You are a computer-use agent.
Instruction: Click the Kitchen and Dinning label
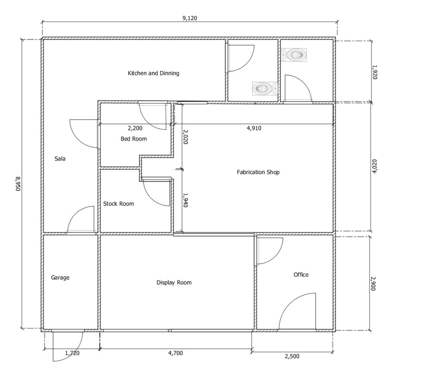coord(153,73)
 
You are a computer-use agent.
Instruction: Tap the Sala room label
coord(60,159)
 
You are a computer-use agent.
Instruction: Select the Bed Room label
coord(134,139)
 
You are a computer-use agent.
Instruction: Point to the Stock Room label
coord(119,204)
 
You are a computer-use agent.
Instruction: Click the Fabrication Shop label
coord(258,172)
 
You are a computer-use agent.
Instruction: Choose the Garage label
coord(60,277)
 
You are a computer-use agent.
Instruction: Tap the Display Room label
coord(174,283)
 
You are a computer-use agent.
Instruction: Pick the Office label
coord(301,275)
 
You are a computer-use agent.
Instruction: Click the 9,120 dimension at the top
coord(190,18)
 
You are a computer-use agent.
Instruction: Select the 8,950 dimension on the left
coord(18,184)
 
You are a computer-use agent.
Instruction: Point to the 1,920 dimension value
coord(374,72)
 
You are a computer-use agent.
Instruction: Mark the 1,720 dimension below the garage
coord(72,353)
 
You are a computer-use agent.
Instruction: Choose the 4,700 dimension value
coord(176,353)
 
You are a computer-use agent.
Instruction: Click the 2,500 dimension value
coord(292,356)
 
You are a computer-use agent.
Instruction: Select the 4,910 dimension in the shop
coord(254,128)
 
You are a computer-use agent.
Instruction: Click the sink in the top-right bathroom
coord(294,55)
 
